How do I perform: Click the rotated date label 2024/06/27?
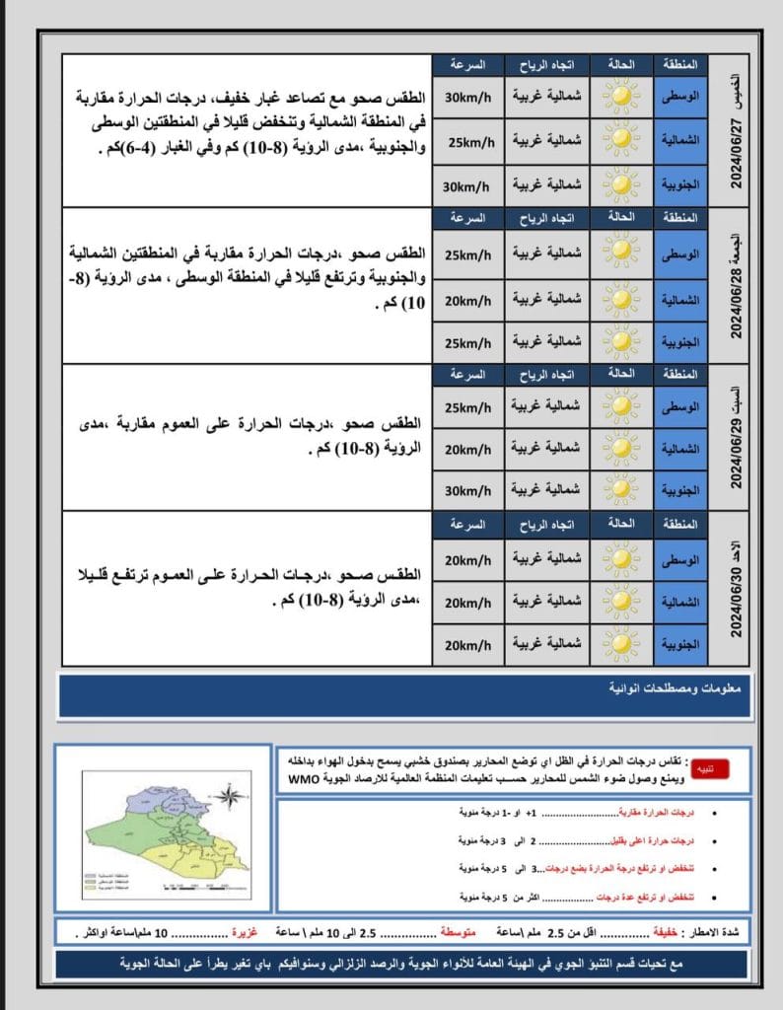[736, 146]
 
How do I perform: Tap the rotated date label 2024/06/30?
[736, 602]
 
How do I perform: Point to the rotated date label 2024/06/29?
[736, 450]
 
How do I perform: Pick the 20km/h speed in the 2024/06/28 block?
[468, 297]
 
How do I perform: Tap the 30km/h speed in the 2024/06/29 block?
[468, 489]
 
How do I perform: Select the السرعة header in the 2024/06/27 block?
[467, 65]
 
